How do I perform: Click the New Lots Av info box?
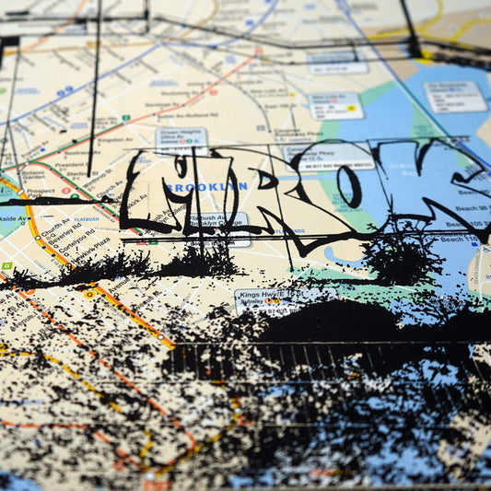pos(337,105)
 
